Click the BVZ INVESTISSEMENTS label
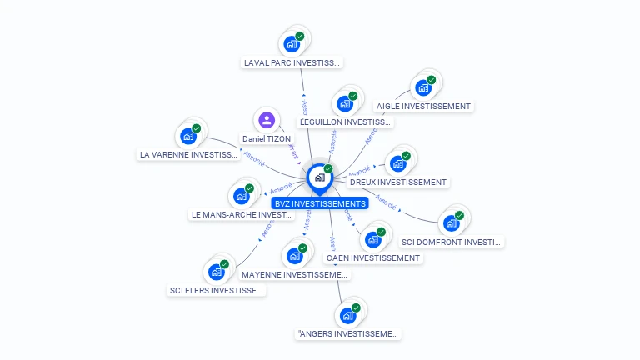click(319, 203)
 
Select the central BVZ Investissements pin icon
click(319, 177)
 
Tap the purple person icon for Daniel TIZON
click(267, 120)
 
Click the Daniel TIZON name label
click(267, 138)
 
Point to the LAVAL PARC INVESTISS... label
click(292, 62)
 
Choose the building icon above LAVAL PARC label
click(292, 43)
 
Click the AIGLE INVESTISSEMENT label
click(423, 106)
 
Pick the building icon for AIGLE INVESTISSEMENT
click(423, 87)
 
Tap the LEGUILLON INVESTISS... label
click(345, 122)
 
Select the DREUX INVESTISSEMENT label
click(398, 182)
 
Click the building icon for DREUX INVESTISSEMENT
click(398, 163)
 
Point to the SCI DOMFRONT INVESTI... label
click(452, 242)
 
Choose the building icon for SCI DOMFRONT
click(452, 223)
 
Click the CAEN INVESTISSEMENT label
click(373, 257)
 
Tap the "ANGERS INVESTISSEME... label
click(348, 334)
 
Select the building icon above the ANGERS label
click(348, 316)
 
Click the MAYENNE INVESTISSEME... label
click(295, 274)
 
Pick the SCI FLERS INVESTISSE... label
click(217, 290)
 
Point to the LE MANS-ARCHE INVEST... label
click(242, 214)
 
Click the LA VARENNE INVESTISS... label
click(188, 154)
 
